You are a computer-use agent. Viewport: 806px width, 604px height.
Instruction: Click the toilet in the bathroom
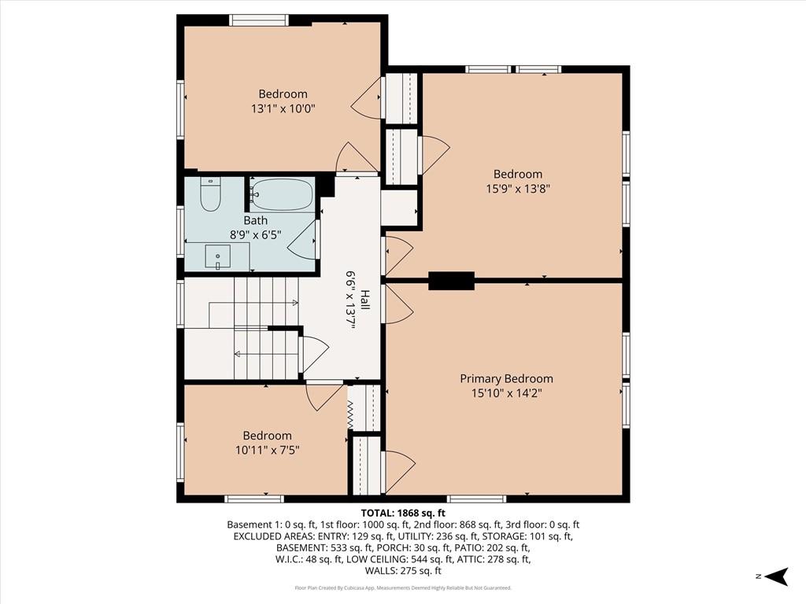click(209, 194)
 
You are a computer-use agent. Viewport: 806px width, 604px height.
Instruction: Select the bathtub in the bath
click(283, 194)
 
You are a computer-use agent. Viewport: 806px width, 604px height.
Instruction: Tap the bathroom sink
click(217, 256)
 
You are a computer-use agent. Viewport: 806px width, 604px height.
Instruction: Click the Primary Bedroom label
click(506, 378)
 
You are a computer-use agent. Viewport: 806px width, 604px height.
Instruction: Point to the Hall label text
click(364, 300)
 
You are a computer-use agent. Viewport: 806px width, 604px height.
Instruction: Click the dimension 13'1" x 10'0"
click(283, 109)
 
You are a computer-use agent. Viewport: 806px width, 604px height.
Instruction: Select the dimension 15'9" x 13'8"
click(518, 189)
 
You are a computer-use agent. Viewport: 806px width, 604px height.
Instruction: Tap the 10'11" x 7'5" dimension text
click(268, 451)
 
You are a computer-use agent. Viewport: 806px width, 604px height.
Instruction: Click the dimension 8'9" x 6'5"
click(256, 235)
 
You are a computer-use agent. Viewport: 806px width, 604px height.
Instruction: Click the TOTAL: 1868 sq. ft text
click(403, 513)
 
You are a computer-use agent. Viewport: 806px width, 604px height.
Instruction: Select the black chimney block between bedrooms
click(451, 281)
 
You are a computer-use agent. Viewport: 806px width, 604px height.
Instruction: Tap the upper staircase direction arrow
click(253, 303)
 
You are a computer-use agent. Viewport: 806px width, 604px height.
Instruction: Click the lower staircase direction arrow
click(266, 353)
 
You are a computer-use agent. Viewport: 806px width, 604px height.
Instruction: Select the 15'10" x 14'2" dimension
click(506, 393)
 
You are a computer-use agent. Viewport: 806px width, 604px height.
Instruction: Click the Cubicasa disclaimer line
click(403, 587)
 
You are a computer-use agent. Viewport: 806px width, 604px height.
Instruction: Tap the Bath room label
click(256, 220)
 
